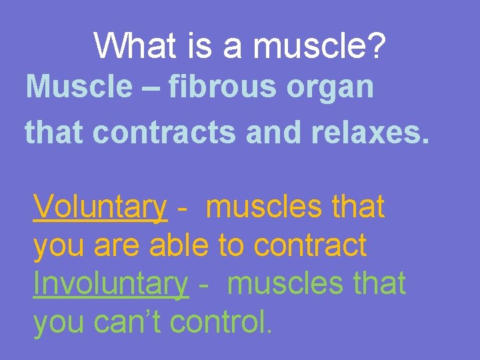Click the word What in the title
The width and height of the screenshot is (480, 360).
pos(135,46)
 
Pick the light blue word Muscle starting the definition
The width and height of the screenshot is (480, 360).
pos(79,87)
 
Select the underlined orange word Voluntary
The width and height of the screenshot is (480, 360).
pos(99,208)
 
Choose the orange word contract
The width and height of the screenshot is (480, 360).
pos(310,246)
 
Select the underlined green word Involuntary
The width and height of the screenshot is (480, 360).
pos(111,284)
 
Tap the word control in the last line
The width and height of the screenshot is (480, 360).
pos(217,322)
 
